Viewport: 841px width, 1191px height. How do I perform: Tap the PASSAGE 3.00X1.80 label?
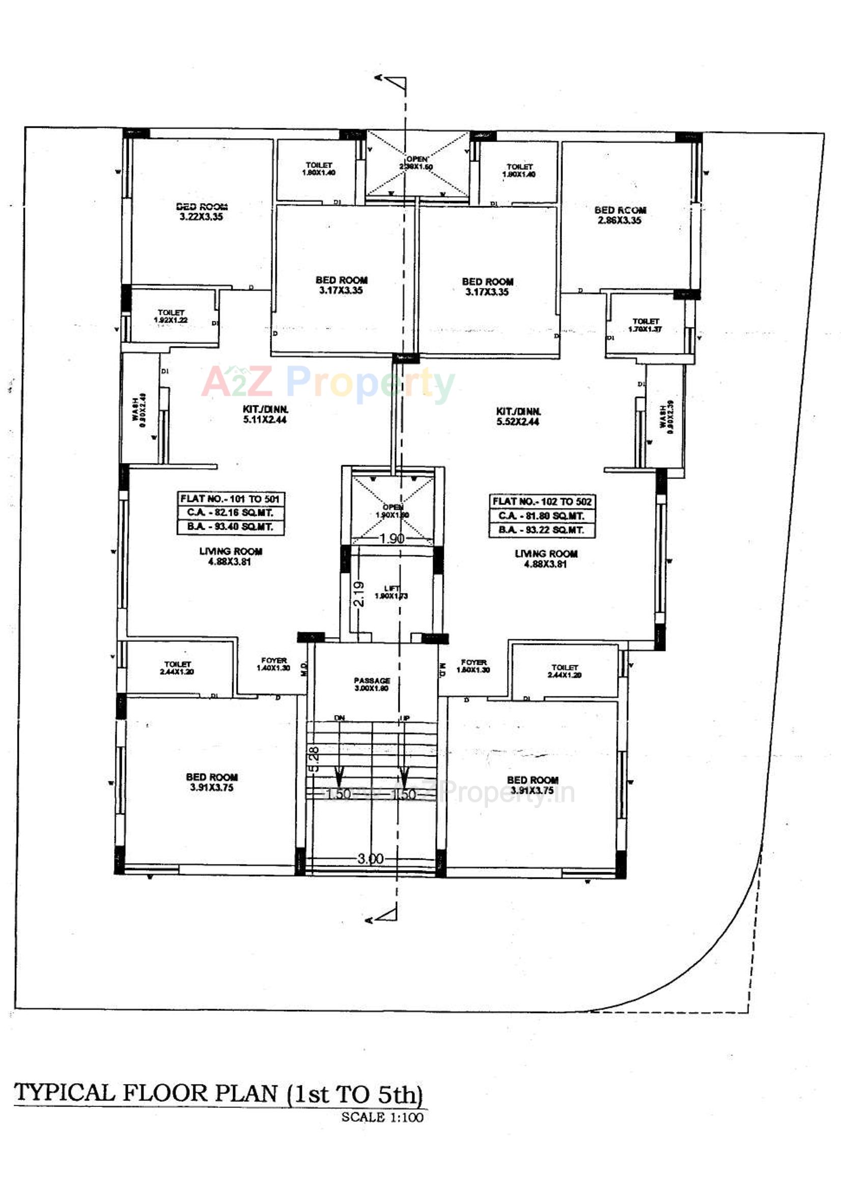point(372,684)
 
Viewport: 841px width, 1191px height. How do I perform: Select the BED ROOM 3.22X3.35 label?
point(201,211)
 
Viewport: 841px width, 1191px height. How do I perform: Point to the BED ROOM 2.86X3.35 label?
point(620,215)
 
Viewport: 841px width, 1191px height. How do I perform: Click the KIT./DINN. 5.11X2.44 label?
point(265,414)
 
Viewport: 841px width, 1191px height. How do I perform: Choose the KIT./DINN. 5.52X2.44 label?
point(518,416)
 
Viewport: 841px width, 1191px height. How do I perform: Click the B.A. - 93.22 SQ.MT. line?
point(541,530)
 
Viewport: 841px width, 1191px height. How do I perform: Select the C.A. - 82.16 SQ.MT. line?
point(230,513)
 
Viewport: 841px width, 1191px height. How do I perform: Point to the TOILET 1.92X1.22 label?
point(171,316)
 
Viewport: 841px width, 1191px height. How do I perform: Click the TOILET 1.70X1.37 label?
point(645,325)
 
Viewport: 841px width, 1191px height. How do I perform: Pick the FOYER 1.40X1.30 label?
point(274,664)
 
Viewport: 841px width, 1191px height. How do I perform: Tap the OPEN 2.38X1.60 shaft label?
point(416,163)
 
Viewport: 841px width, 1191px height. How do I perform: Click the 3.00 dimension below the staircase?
point(370,858)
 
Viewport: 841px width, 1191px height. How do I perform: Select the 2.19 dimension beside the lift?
point(359,593)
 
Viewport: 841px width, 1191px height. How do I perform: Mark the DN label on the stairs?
point(339,718)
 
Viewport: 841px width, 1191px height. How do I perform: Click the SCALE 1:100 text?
point(382,1117)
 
